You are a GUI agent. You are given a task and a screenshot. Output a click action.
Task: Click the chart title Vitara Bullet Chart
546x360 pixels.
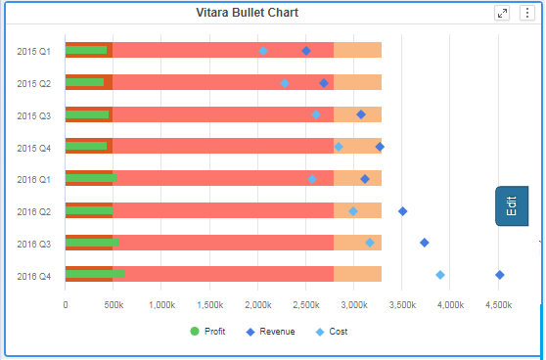coord(247,13)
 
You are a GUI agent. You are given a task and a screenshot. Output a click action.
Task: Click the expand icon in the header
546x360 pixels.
coord(502,13)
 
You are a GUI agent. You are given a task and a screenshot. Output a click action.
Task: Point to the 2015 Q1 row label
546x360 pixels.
coord(34,51)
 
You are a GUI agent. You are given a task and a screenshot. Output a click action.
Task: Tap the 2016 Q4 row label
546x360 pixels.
coord(34,276)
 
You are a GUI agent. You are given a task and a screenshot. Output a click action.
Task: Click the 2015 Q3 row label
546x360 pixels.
coord(34,115)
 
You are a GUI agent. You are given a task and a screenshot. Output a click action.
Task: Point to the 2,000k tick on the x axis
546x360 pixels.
coord(257,305)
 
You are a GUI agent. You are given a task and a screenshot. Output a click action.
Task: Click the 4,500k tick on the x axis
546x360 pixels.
coord(498,305)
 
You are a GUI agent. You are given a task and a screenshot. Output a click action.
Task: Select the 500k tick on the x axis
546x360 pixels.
coord(114,305)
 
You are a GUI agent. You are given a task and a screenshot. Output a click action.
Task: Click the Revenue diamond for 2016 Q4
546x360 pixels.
coord(500,275)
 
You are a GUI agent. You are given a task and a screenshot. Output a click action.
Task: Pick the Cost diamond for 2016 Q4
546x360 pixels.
coord(440,275)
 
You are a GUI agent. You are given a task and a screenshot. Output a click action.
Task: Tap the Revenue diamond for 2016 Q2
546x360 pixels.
coord(402,211)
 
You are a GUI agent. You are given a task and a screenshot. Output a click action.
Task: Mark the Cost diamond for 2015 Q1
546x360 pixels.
coord(263,51)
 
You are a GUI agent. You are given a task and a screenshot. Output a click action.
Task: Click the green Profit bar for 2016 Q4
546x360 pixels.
coord(94,275)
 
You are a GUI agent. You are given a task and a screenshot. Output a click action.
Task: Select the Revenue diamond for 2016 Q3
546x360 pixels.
coord(424,243)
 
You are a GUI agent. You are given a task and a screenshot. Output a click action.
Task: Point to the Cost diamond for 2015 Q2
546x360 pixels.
coord(285,83)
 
